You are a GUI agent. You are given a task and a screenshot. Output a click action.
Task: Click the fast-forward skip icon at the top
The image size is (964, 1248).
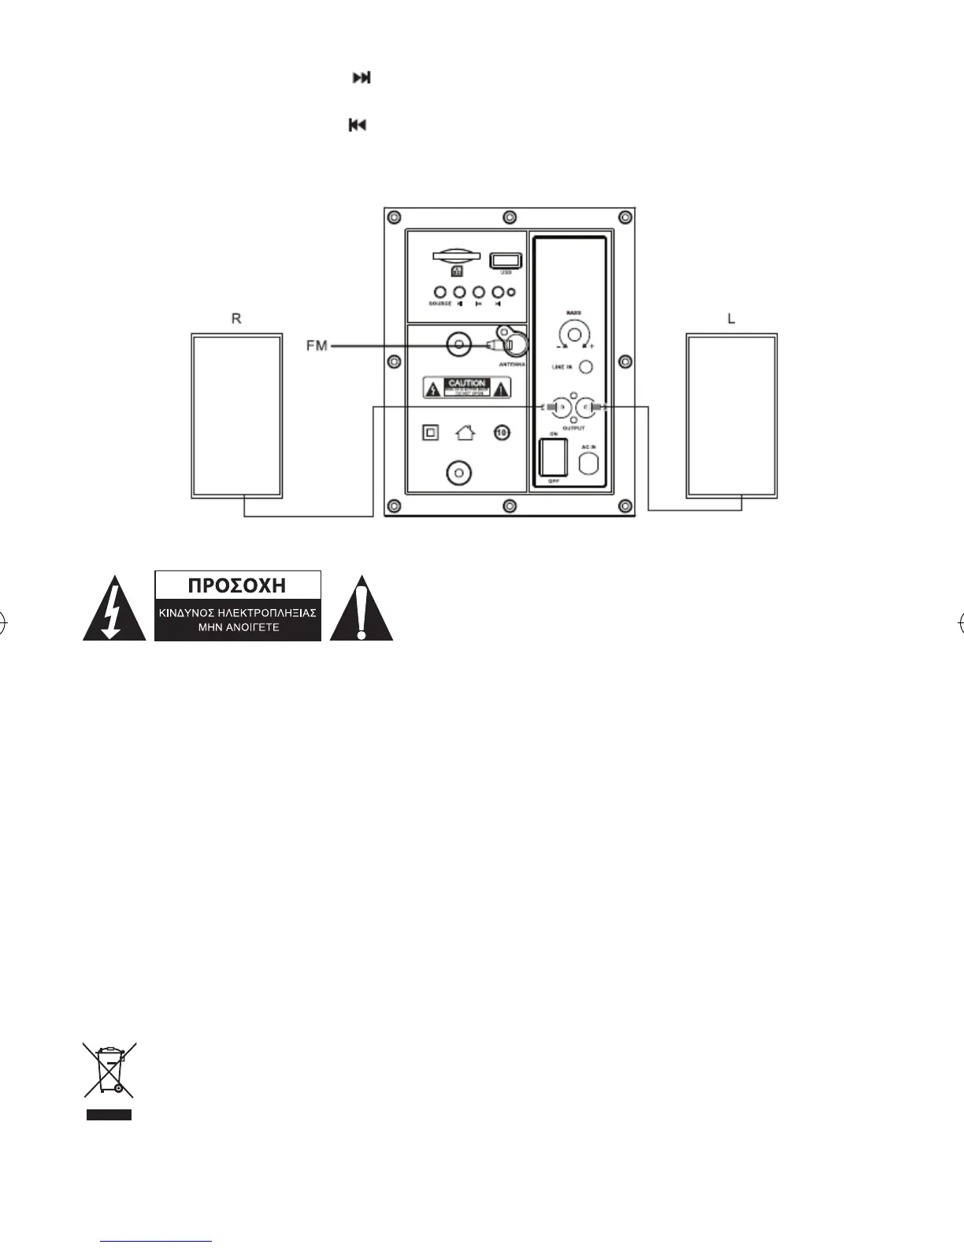coord(361,78)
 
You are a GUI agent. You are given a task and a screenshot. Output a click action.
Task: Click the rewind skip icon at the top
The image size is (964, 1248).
coord(358,125)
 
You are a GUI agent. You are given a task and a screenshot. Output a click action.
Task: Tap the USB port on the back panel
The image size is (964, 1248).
coord(501,260)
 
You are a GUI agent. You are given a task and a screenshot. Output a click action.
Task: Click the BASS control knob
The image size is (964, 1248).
coord(574,334)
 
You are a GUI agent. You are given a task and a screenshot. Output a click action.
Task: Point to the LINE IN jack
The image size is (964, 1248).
coord(585,367)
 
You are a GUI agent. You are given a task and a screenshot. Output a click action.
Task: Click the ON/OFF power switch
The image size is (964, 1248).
coord(553,457)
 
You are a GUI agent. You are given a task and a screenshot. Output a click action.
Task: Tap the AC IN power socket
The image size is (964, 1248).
coord(589,464)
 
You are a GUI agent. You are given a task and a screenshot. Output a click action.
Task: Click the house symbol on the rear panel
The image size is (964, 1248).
coord(465,433)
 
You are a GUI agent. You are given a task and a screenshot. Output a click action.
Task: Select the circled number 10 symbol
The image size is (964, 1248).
coord(502,433)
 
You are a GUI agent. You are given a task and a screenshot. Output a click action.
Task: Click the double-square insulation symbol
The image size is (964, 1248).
coord(430,433)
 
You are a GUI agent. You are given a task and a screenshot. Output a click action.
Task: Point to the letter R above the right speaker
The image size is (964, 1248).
coord(235,319)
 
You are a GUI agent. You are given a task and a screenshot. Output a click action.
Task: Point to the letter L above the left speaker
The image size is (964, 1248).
coord(731,319)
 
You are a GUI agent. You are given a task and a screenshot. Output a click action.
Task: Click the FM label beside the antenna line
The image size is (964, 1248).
coord(317,346)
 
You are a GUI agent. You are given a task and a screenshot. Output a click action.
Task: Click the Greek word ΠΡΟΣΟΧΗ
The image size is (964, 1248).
coord(238,586)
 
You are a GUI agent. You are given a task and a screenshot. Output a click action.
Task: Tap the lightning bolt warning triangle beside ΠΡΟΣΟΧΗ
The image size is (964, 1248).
coord(113,610)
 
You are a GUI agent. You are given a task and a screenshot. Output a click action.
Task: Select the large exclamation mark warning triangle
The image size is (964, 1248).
coord(361,610)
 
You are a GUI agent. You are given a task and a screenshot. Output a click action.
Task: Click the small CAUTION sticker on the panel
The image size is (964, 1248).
coord(467,387)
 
